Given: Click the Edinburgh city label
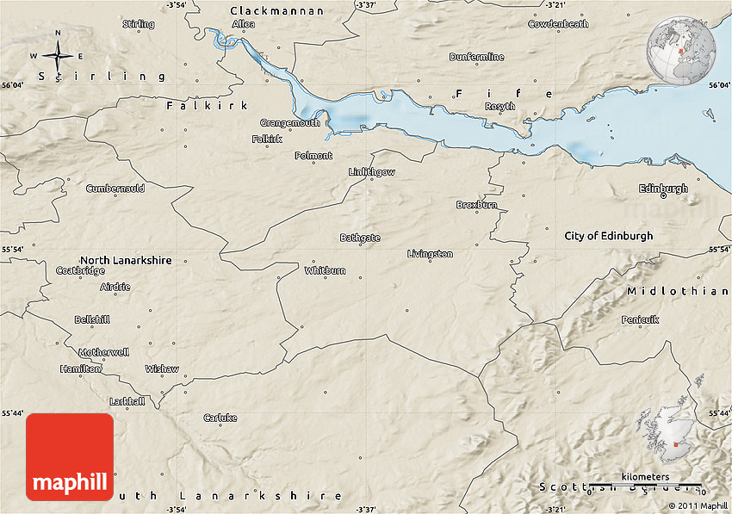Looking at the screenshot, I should point(663,189).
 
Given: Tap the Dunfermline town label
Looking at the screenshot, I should point(476,57).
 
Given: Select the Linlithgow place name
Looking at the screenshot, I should point(371,172).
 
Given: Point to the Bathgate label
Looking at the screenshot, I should point(360,238).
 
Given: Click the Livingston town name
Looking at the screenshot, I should point(430,254).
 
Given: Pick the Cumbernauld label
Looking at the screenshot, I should point(115,188).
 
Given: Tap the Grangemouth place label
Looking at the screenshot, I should point(290,123).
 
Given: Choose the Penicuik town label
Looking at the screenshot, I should point(640,319).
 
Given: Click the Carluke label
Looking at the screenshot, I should point(220,418).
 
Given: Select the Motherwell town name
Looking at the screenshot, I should point(103,352).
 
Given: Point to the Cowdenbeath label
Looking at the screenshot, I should point(558,24).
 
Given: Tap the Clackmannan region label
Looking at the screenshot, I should point(277,11).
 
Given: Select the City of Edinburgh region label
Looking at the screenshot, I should point(608,236).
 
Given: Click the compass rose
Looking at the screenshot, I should point(59,57).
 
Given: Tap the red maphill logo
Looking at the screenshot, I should point(70,457).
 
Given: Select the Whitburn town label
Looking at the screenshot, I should point(325,270).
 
